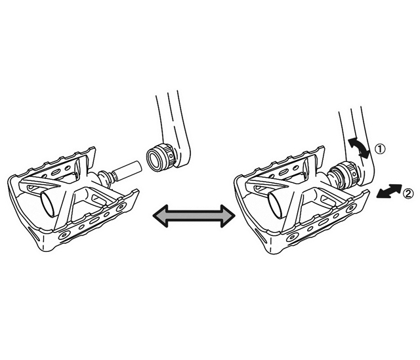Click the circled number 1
click(379, 149)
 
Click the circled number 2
click(408, 193)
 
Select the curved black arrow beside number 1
click(359, 148)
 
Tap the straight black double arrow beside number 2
click(389, 191)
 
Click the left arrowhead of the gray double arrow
click(160, 216)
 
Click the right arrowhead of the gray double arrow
click(228, 216)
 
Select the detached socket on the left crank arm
click(160, 157)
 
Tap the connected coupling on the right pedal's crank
click(345, 175)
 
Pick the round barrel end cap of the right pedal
click(275, 205)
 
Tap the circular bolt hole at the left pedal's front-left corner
click(64, 236)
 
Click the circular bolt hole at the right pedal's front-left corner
click(292, 237)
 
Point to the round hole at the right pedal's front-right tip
click(350, 208)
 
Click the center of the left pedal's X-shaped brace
click(67, 193)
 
